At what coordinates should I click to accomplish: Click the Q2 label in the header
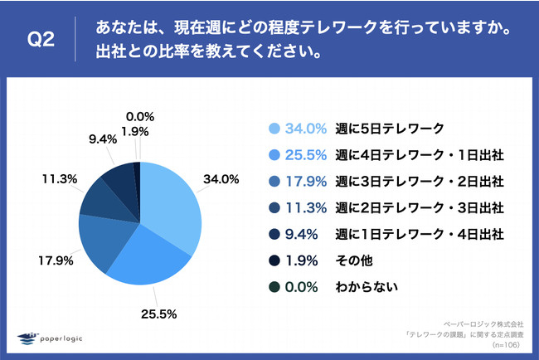click(x=41, y=41)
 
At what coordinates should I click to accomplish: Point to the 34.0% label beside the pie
click(x=222, y=178)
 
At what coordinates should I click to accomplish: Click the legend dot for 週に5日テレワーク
click(x=274, y=129)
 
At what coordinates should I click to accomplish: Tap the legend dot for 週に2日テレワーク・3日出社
click(x=274, y=207)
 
